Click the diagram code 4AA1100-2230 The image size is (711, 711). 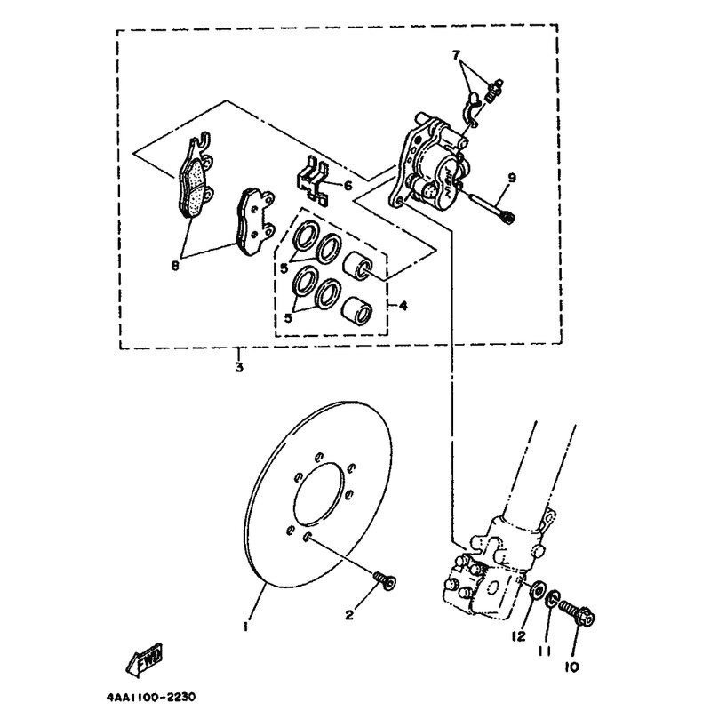click(x=151, y=697)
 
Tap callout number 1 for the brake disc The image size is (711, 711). click(x=245, y=627)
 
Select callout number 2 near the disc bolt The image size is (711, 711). click(x=349, y=615)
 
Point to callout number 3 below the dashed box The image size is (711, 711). click(x=239, y=367)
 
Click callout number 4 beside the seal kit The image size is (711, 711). click(x=403, y=306)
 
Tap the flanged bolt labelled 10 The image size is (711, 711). click(x=576, y=612)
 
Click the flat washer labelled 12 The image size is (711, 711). click(x=538, y=590)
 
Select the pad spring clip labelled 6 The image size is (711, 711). click(x=313, y=180)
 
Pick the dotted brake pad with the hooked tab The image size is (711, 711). click(x=195, y=180)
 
